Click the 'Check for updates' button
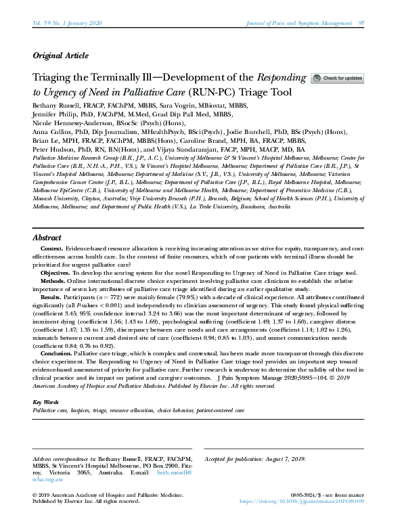pos(337,79)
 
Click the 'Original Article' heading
pos(60,56)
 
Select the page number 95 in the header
pos(362,24)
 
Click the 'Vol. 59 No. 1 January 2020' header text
pos(67,24)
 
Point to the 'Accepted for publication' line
pos(255,460)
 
